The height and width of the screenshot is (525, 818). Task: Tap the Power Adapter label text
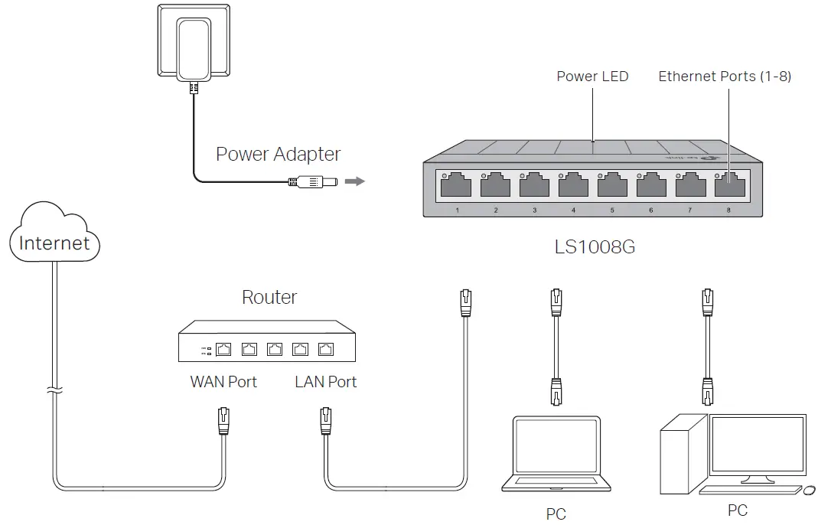point(278,154)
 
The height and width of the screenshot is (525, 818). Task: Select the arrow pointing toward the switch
point(354,182)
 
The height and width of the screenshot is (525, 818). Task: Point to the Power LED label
point(592,77)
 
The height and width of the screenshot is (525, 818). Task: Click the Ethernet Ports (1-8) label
point(725,77)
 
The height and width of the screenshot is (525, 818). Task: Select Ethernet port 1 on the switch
point(457,186)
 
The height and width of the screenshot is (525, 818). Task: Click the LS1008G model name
point(595,248)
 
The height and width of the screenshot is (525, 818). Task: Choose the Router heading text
point(269,297)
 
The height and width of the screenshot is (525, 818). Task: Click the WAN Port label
point(223,381)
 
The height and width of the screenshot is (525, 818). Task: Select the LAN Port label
point(325,381)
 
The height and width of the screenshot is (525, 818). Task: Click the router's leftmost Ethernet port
point(224,350)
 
